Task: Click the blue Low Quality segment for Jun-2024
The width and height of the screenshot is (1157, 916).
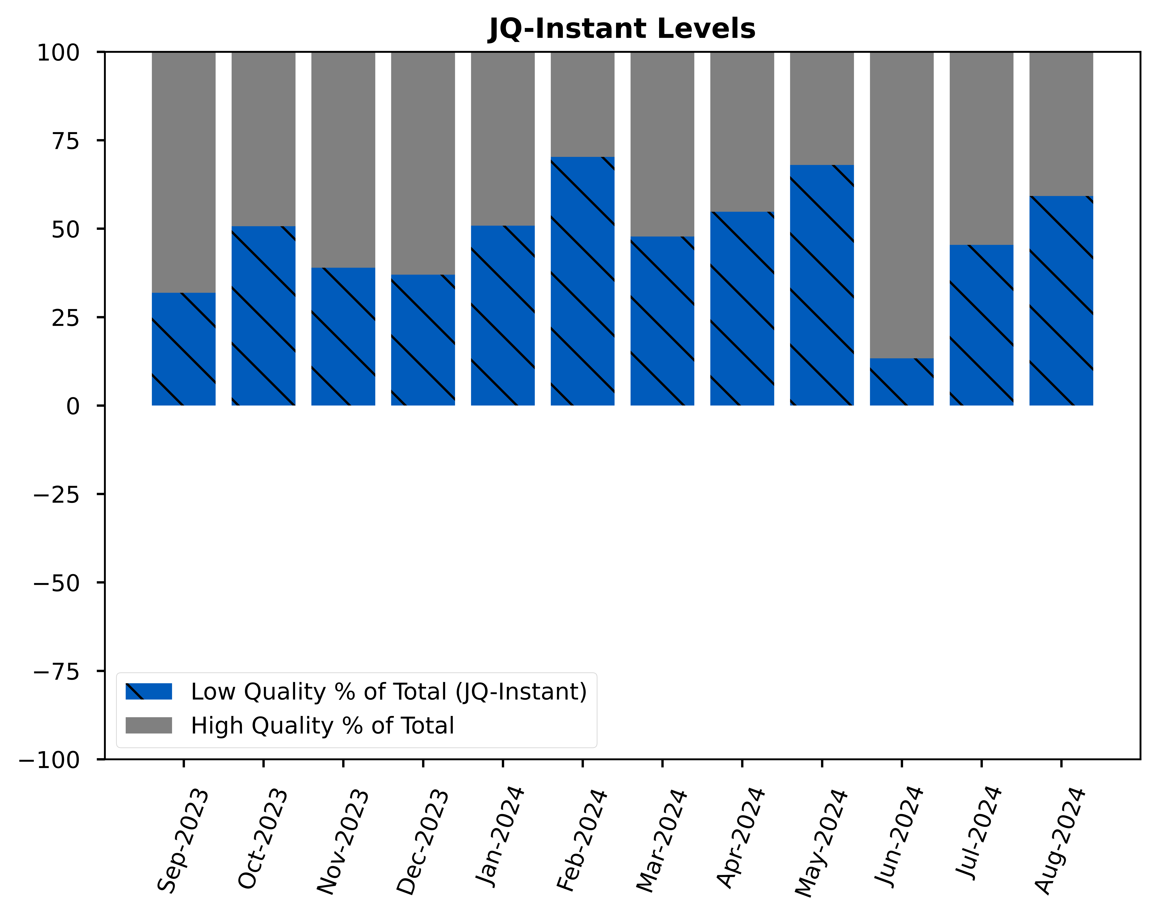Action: point(901,382)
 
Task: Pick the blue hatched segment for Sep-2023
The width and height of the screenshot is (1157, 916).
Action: point(183,349)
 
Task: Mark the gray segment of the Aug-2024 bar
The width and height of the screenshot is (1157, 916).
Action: point(1061,124)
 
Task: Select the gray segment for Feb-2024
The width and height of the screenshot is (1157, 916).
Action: point(582,105)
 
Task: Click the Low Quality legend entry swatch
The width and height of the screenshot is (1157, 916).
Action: point(149,691)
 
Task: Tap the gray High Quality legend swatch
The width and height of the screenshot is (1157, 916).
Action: point(149,725)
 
